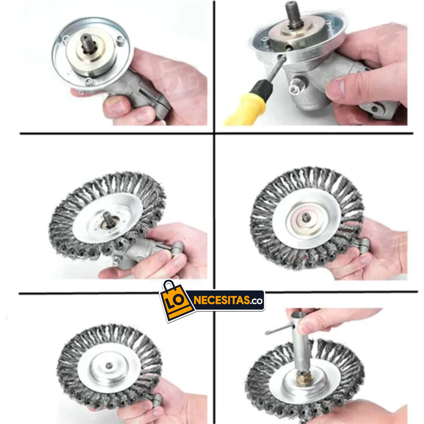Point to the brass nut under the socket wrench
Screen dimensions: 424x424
tap(305, 378)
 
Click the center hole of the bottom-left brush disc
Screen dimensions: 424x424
tap(109, 366)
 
